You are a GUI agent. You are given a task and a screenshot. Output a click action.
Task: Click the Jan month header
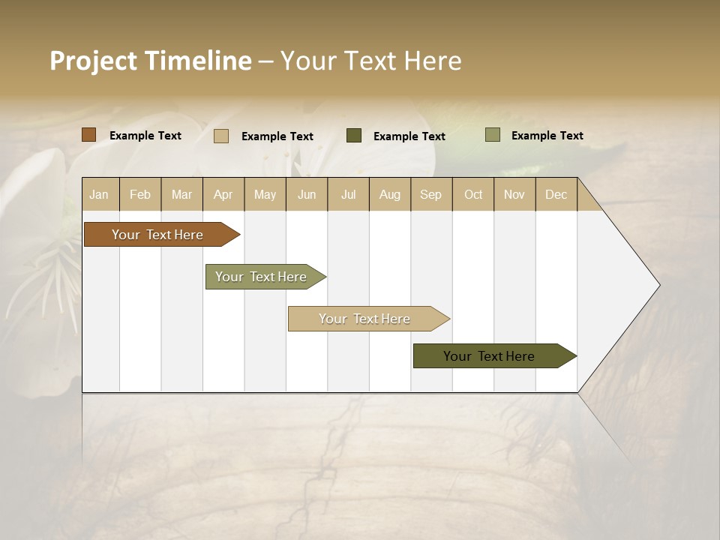coord(99,194)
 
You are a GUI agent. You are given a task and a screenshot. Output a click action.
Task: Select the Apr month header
coord(223,194)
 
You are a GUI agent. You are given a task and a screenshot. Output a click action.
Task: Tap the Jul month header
coord(348,194)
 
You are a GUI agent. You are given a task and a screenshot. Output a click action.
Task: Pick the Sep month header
coord(430,194)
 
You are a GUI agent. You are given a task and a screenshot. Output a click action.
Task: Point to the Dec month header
coord(556,194)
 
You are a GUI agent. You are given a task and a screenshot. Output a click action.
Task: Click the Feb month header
coord(140,194)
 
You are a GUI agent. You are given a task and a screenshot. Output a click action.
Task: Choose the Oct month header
coord(473,194)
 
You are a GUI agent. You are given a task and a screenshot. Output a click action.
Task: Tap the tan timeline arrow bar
coord(365,319)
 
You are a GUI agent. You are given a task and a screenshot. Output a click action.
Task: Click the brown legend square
coord(89,135)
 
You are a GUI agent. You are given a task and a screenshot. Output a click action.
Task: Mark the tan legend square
coord(221,136)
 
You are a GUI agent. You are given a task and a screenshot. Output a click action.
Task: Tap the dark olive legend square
coord(354,136)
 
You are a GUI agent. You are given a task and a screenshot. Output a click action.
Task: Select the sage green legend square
coord(492,135)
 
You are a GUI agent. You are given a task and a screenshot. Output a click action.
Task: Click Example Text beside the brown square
coord(145,136)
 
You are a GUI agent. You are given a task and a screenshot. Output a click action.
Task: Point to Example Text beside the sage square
coord(547,136)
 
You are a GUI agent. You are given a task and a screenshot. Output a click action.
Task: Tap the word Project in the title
coord(93,61)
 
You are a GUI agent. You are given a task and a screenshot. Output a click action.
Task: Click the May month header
coord(265,194)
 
